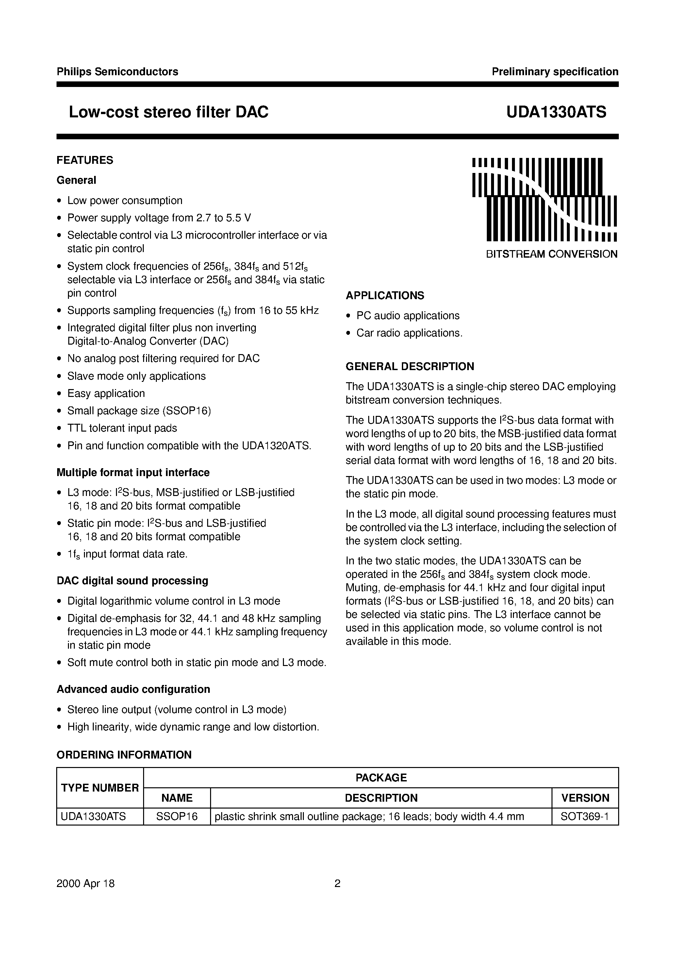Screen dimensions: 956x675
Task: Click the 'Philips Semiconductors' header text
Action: click(x=117, y=72)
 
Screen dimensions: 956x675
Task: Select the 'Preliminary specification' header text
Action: click(x=555, y=72)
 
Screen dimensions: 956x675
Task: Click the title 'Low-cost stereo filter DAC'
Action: click(x=169, y=112)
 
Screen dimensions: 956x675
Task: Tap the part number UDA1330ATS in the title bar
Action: click(x=556, y=112)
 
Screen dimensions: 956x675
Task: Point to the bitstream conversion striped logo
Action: click(x=544, y=199)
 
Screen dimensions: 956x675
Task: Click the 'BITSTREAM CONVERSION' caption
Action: click(x=552, y=254)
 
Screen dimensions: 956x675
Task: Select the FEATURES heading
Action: click(x=85, y=160)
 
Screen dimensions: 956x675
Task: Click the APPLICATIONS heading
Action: click(x=385, y=296)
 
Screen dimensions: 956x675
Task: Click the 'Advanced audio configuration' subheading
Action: click(x=133, y=689)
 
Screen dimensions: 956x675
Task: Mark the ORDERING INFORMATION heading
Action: click(x=124, y=755)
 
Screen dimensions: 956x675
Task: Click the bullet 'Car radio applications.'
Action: click(x=409, y=333)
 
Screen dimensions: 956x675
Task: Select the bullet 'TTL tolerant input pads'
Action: click(x=122, y=428)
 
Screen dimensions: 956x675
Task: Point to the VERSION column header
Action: click(x=585, y=798)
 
